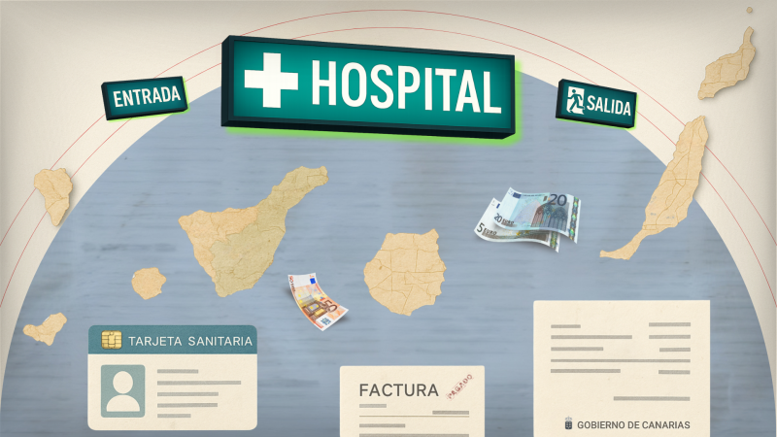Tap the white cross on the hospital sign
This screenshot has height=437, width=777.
(x=271, y=80)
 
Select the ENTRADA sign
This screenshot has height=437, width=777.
(x=147, y=98)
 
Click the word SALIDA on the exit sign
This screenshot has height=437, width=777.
(x=609, y=105)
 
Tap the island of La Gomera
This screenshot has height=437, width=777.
(x=149, y=283)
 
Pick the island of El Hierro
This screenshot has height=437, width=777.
(x=46, y=328)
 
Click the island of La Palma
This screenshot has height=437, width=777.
(x=54, y=192)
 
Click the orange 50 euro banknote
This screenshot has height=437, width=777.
(x=316, y=303)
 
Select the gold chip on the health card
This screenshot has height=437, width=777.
(x=112, y=341)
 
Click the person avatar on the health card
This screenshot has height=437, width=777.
(x=122, y=390)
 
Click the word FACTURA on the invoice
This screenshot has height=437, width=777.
(x=398, y=391)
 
